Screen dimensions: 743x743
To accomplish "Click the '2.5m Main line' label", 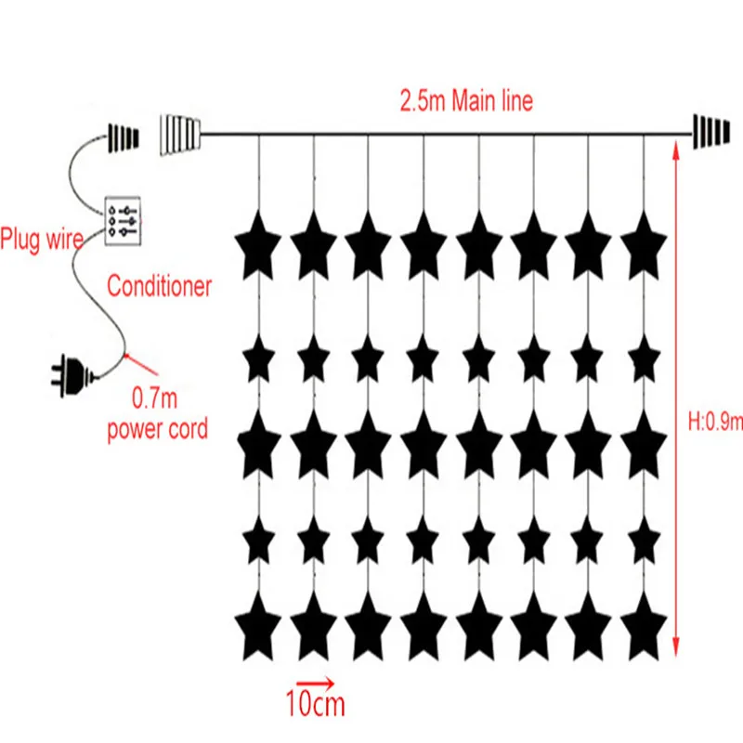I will pyautogui.click(x=466, y=101).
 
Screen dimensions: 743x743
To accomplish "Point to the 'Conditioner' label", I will pyautogui.click(x=159, y=286).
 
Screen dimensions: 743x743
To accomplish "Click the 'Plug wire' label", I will pyautogui.click(x=42, y=241).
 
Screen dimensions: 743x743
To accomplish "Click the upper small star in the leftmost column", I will pyautogui.click(x=259, y=358).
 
